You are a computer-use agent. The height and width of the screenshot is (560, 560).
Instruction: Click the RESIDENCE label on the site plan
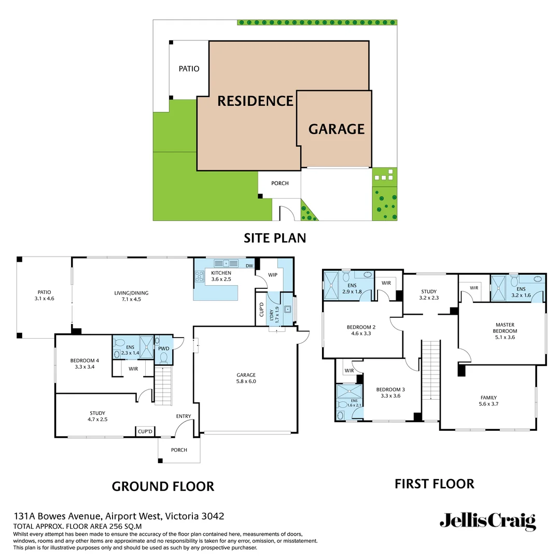tap(255, 101)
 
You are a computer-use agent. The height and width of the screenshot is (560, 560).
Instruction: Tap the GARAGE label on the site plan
tap(337, 129)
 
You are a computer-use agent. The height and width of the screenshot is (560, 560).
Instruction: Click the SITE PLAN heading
tap(275, 238)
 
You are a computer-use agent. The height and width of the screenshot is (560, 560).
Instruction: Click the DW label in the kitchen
tap(249, 266)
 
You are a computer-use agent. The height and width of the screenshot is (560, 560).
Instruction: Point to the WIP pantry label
tap(273, 275)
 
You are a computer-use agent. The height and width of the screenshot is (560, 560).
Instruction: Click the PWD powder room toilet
tap(163, 357)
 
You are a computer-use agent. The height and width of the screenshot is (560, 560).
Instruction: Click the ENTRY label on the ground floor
tap(183, 416)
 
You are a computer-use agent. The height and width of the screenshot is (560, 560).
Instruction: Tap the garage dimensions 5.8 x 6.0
tap(246, 381)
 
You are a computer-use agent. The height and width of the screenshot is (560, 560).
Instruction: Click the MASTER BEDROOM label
tap(505, 328)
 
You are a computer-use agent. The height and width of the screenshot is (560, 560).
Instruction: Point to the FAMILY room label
tap(488, 397)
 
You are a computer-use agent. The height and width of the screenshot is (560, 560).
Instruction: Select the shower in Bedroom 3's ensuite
tap(344, 391)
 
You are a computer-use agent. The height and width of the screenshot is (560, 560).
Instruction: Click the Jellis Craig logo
tap(487, 522)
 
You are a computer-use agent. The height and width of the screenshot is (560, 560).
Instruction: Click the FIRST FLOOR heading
tap(434, 484)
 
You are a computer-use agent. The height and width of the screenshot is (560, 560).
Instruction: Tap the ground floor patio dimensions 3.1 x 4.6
tap(44, 299)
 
